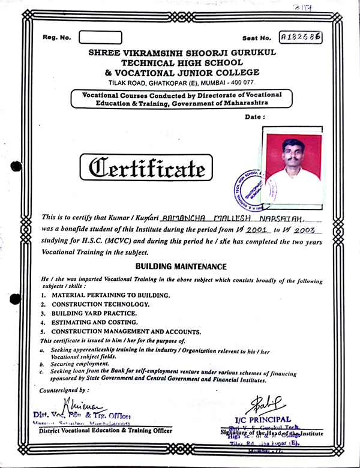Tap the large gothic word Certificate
tap(150, 168)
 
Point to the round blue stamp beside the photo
tap(247, 188)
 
